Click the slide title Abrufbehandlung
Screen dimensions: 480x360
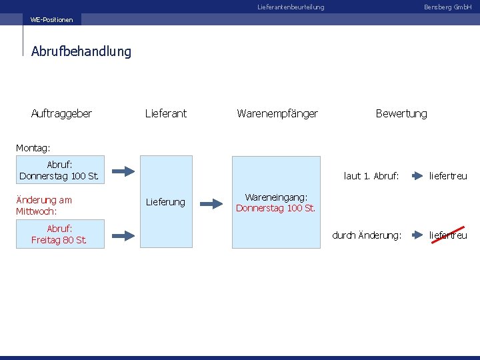(81, 51)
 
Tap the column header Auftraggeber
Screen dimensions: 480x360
(61, 113)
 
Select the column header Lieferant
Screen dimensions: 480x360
(166, 113)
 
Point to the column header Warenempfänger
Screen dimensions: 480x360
(277, 113)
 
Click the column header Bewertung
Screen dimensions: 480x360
(401, 113)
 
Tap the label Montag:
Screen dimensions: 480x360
(33, 147)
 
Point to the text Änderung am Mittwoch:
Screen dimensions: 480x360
(44, 205)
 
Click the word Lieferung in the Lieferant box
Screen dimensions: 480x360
(165, 202)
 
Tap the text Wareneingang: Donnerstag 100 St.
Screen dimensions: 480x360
(276, 202)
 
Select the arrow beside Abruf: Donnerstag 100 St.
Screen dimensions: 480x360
(123, 170)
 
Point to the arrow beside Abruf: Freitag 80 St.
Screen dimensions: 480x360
(123, 234)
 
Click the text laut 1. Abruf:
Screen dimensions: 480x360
(371, 176)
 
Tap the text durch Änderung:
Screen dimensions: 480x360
(367, 235)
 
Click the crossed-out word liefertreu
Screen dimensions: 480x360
(448, 235)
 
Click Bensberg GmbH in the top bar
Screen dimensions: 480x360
(447, 7)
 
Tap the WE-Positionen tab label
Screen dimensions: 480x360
(52, 20)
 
